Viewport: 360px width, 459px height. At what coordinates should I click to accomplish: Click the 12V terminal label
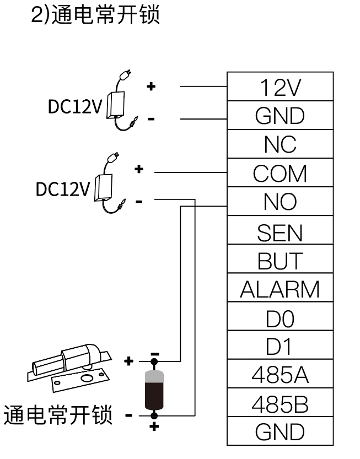280,87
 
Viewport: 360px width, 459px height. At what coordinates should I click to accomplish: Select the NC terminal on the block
280,144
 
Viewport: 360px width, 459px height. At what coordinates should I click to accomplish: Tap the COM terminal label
280,174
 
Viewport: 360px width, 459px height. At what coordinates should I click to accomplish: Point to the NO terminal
280,203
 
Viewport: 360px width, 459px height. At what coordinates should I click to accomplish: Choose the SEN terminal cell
280,232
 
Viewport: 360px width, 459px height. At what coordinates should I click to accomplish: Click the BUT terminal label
280,261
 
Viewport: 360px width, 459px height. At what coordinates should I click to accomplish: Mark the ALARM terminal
280,289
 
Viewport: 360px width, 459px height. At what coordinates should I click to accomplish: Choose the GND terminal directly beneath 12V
280,116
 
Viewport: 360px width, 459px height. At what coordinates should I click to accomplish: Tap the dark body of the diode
154,393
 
